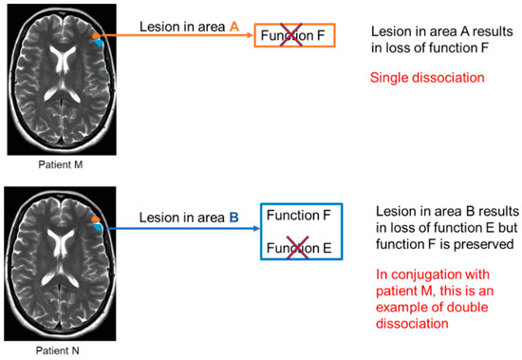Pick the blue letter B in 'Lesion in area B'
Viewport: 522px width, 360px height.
coord(233,218)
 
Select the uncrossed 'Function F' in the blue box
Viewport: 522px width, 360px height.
coord(298,217)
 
